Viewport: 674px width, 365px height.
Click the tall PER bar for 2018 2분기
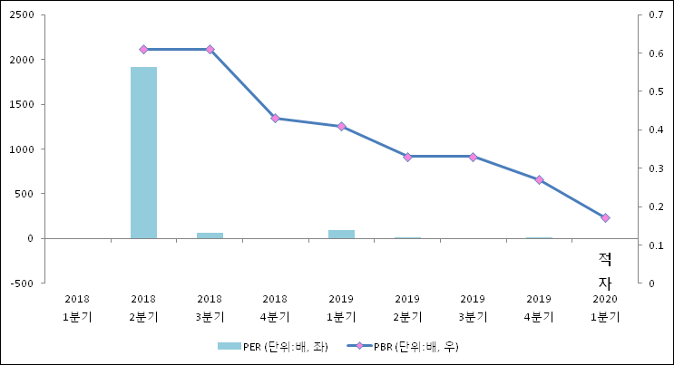(143, 152)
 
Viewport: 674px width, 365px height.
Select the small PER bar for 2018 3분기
(210, 235)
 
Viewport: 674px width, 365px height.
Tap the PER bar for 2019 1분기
(341, 234)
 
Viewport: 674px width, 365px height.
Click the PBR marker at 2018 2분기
(143, 49)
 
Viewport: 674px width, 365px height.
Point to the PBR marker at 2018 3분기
(210, 49)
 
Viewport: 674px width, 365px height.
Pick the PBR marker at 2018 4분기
(275, 119)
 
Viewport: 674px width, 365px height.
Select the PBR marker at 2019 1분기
(341, 126)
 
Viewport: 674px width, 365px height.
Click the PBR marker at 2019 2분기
(407, 157)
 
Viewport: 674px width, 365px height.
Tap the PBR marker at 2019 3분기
(473, 157)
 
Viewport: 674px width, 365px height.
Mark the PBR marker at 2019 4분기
(539, 179)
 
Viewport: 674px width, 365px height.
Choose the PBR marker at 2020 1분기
(605, 217)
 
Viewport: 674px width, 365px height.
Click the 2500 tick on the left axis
(23, 15)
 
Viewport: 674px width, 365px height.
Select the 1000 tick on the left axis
(23, 149)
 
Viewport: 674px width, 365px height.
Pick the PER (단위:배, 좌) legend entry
(272, 345)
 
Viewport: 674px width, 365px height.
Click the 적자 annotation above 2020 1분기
(604, 270)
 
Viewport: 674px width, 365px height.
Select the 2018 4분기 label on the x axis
(275, 308)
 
